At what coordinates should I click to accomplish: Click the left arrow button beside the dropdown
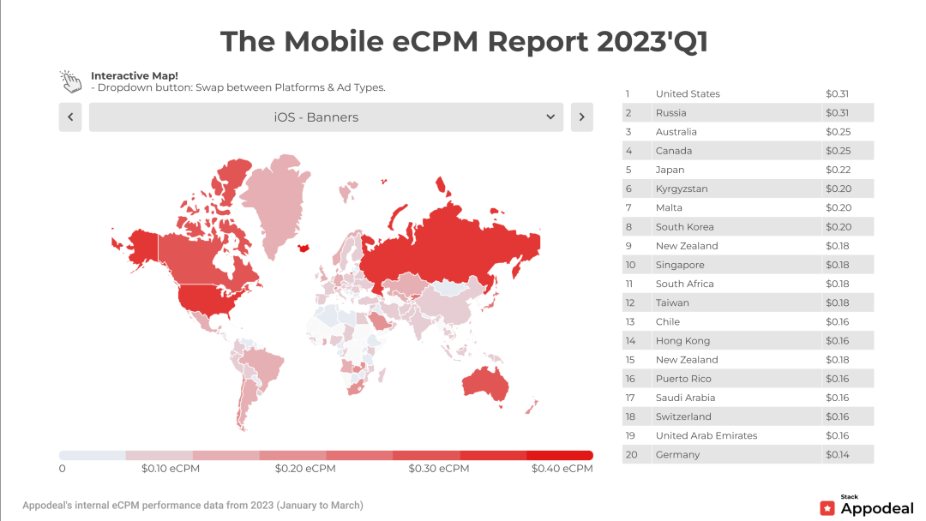[x=70, y=117]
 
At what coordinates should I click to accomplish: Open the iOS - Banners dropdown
[x=326, y=117]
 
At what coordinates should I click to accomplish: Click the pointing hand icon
[x=70, y=81]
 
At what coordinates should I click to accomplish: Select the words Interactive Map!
[x=135, y=75]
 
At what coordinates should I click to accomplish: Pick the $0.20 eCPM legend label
[x=305, y=469]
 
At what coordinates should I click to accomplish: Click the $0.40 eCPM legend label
[x=562, y=469]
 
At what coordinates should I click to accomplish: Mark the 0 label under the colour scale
[x=63, y=469]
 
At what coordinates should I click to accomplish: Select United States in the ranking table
[x=688, y=94]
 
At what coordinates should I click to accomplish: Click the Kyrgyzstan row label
[x=682, y=189]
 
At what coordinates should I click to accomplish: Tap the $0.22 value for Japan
[x=837, y=170]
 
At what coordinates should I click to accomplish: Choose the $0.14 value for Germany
[x=837, y=454]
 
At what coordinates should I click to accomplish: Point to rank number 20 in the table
[x=632, y=454]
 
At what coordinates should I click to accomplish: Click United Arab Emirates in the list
[x=707, y=435]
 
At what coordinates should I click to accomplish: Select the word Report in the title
[x=526, y=41]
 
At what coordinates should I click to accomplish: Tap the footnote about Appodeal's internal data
[x=193, y=506]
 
